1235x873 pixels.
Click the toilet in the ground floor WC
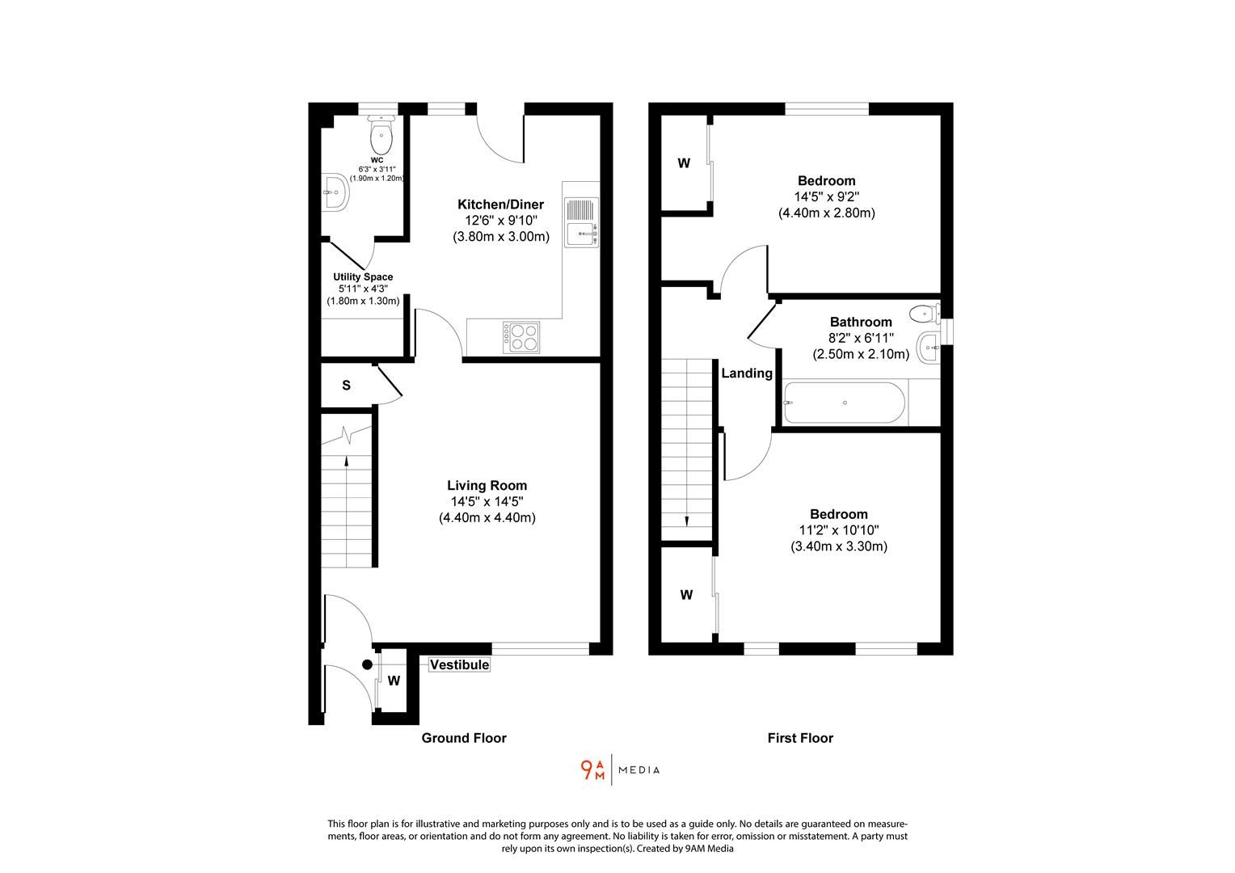click(x=381, y=134)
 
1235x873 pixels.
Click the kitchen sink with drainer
click(x=581, y=222)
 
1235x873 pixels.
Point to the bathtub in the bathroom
click(x=844, y=403)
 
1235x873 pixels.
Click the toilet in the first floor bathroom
click(x=924, y=313)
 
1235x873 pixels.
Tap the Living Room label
click(x=487, y=486)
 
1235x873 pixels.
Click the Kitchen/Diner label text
click(x=500, y=205)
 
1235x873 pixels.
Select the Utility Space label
click(x=363, y=277)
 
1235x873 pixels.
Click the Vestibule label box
click(x=459, y=664)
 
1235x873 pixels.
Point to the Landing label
click(x=746, y=373)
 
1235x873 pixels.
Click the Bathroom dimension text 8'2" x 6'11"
click(x=860, y=338)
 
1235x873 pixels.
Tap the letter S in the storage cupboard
click(x=346, y=386)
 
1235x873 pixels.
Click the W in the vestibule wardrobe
click(x=394, y=681)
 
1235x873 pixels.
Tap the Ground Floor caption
click(x=464, y=738)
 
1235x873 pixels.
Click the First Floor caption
click(x=799, y=738)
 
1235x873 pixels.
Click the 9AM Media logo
click(x=620, y=770)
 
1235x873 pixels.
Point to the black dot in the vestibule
click(x=367, y=664)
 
